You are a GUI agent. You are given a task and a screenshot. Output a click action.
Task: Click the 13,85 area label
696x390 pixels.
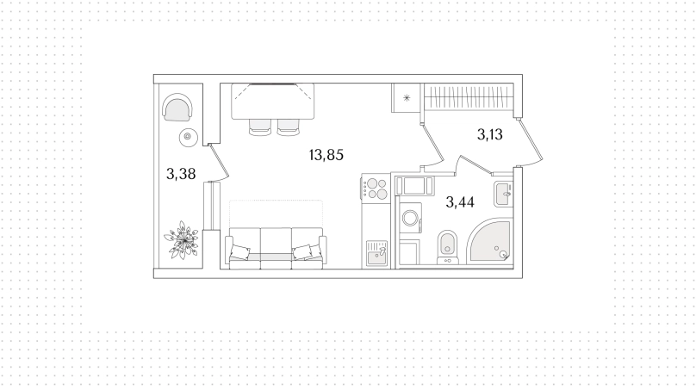tap(326, 155)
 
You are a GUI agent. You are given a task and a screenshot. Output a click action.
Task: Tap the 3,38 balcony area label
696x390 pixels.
tap(181, 174)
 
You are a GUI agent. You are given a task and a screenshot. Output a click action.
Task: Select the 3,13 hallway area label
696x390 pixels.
tap(489, 134)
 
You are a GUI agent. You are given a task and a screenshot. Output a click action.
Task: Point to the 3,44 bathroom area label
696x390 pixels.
tap(460, 202)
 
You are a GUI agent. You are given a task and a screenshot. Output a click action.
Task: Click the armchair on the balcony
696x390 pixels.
tap(177, 108)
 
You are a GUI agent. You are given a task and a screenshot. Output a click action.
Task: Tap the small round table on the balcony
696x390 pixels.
tap(188, 137)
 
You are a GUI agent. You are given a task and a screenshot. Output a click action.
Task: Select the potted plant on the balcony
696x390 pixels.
tap(181, 240)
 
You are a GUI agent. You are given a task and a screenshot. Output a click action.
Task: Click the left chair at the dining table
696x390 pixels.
tap(259, 127)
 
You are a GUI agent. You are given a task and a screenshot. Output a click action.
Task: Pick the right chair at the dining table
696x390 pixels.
tap(289, 127)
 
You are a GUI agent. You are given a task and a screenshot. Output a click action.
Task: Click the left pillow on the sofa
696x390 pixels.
tap(239, 252)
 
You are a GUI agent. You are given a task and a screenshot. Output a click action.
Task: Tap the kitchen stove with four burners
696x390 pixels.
tap(375, 188)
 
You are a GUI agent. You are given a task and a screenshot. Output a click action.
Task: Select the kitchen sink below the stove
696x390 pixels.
tap(376, 253)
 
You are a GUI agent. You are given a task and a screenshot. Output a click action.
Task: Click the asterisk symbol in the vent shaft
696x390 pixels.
tap(407, 98)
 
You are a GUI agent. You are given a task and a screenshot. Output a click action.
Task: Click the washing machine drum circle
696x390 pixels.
tap(409, 219)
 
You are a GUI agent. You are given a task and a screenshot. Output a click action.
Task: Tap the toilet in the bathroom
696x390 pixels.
tap(447, 247)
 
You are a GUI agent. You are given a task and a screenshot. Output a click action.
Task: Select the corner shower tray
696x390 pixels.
tap(490, 241)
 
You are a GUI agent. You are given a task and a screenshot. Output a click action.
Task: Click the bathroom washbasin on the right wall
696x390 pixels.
tap(503, 194)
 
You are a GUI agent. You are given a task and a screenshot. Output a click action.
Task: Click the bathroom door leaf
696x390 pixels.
tap(475, 164)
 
